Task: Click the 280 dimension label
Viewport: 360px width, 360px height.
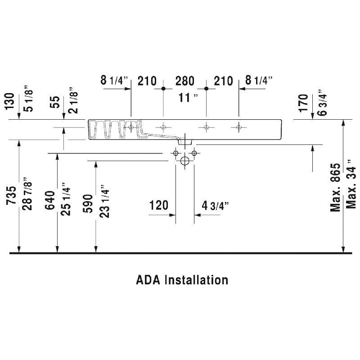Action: [x=185, y=81]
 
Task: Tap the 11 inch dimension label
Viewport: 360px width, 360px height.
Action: [x=188, y=98]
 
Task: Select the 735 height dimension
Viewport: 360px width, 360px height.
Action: [x=11, y=195]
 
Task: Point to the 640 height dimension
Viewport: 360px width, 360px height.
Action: [x=50, y=200]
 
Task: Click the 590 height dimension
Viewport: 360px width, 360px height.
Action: [x=88, y=204]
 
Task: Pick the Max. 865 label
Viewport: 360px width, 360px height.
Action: [x=335, y=187]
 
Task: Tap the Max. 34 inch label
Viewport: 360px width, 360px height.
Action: [x=351, y=184]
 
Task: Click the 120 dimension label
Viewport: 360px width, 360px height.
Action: [x=159, y=205]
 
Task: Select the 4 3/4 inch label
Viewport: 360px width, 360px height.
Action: [x=215, y=206]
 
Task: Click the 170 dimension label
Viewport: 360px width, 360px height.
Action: [x=303, y=103]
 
